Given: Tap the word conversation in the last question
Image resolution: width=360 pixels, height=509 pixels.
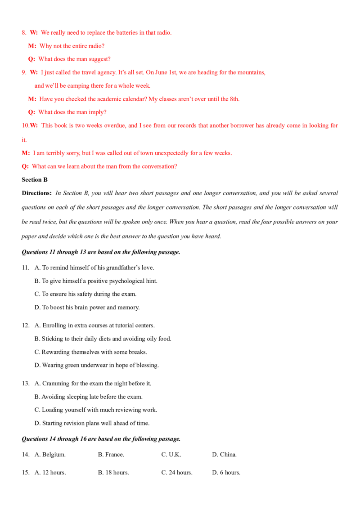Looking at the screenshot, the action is [x=162, y=166].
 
